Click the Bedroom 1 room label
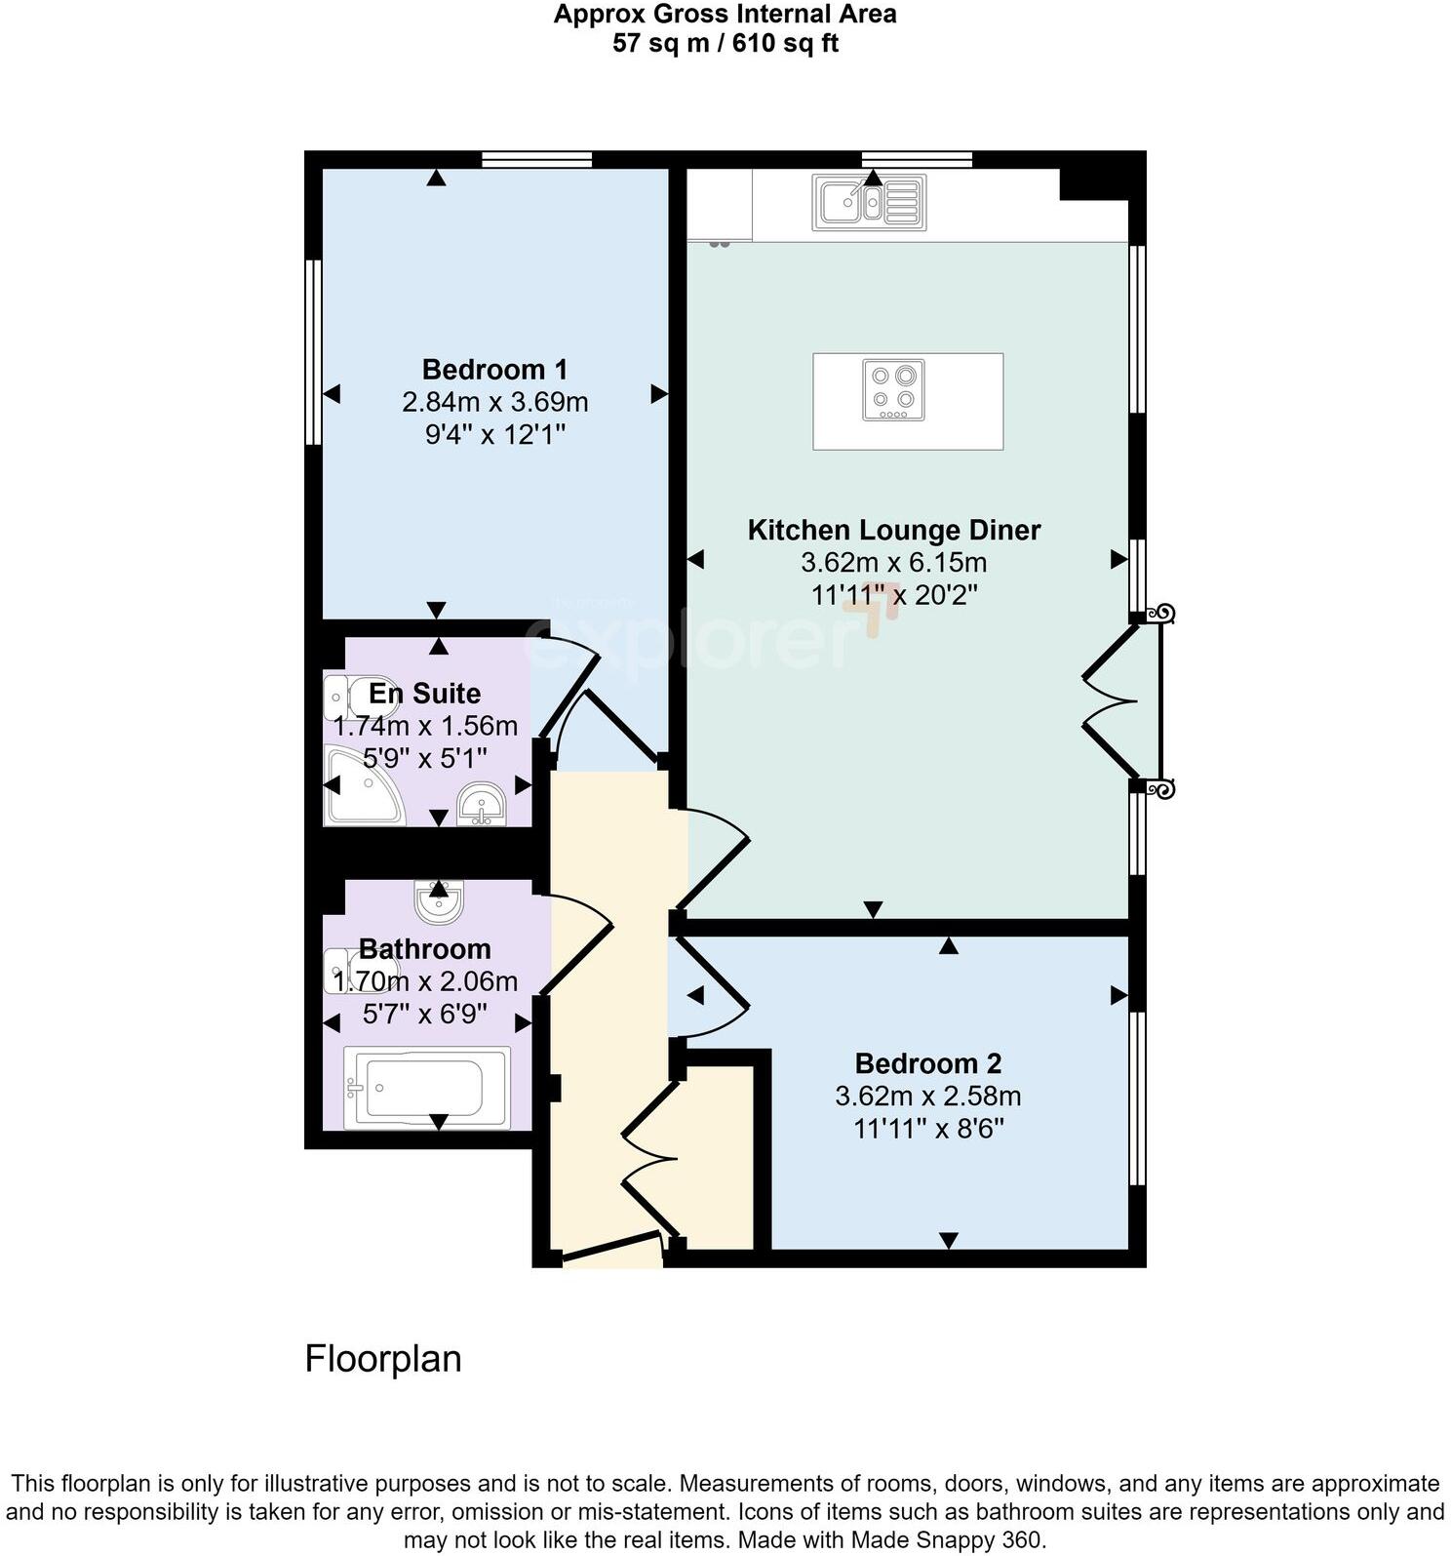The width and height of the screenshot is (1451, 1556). (494, 370)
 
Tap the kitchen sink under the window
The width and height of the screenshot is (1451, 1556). (870, 203)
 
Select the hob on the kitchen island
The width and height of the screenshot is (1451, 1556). (893, 390)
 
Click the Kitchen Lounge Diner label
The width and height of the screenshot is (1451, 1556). (893, 530)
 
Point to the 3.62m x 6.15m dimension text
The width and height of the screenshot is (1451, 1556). (893, 563)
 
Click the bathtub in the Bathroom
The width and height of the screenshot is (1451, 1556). (426, 1088)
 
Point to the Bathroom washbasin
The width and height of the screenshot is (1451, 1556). (438, 901)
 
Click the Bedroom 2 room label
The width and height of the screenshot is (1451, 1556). (927, 1063)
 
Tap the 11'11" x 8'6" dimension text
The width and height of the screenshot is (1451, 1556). (927, 1129)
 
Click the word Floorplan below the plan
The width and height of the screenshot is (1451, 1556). (382, 1359)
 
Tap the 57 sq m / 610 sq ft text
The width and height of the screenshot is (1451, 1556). (725, 44)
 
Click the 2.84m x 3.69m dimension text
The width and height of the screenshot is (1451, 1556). (494, 402)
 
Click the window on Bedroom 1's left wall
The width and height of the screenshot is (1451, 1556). (313, 351)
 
